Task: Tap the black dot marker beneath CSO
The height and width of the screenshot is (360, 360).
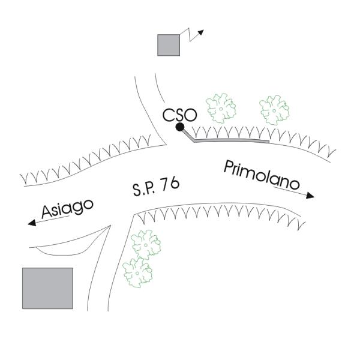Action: point(179,127)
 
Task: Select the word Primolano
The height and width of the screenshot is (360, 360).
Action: point(261,175)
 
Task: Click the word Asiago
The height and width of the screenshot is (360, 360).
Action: point(68,209)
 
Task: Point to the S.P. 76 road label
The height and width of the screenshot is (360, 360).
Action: point(155,186)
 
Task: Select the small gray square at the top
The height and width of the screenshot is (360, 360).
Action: point(169,45)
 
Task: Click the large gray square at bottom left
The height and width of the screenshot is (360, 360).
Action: point(47,288)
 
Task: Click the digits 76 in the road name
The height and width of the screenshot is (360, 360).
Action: point(170,183)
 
